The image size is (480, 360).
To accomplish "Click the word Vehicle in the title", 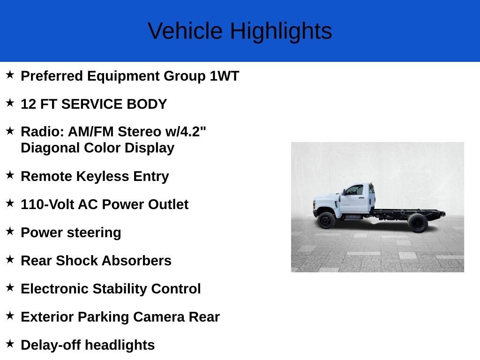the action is (x=185, y=31).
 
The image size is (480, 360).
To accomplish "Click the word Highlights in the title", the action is (x=281, y=31).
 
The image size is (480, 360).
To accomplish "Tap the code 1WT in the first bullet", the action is (x=225, y=76).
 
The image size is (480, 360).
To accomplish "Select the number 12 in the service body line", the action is (x=28, y=104).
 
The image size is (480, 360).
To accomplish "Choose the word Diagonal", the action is (x=50, y=148).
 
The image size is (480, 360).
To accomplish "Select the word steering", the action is (x=94, y=232).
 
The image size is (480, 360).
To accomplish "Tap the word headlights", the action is (x=120, y=345).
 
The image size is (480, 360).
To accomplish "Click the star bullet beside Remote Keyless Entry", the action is (x=10, y=175).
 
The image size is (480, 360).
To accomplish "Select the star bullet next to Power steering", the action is (x=10, y=232).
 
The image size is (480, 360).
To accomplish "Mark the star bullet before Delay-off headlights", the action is (x=10, y=344).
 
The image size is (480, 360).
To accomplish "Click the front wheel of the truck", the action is (x=326, y=220).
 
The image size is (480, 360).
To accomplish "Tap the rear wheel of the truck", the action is (x=418, y=223).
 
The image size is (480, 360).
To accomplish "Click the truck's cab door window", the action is (x=355, y=190).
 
